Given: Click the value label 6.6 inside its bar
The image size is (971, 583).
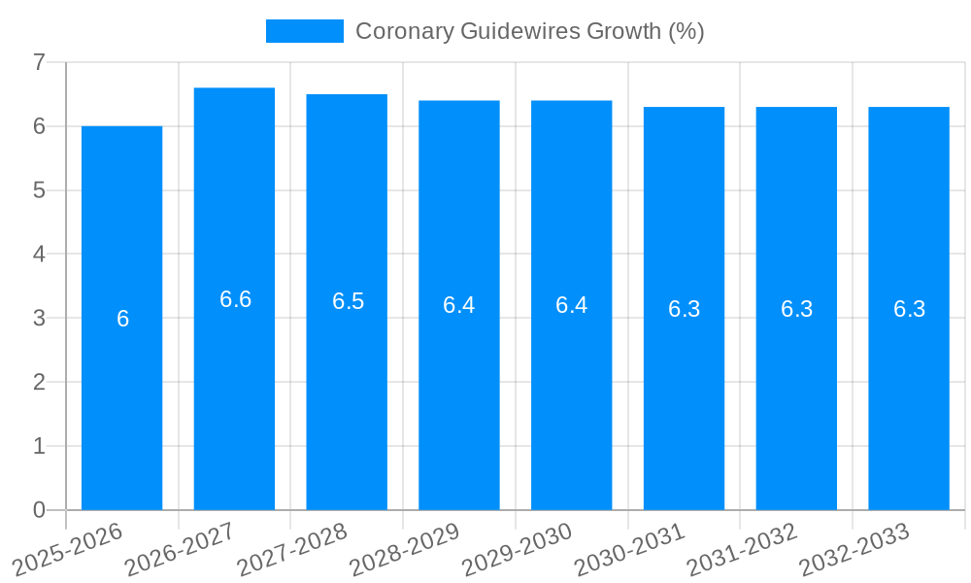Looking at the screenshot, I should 235,299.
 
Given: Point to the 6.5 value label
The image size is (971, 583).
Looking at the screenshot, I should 348,301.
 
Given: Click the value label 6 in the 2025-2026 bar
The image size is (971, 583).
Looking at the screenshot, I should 122,319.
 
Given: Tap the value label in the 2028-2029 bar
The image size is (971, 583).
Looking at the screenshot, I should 458,305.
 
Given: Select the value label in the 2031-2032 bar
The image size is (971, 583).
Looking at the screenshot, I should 796,309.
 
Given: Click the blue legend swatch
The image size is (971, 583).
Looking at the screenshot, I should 305,31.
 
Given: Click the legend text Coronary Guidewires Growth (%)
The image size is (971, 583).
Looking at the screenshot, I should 529,31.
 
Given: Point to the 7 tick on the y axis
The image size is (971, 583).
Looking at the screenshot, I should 39,62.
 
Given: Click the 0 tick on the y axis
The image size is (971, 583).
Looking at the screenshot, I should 39,510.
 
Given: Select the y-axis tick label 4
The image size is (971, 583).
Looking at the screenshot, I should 39,254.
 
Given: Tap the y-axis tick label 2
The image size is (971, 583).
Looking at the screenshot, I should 39,382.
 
